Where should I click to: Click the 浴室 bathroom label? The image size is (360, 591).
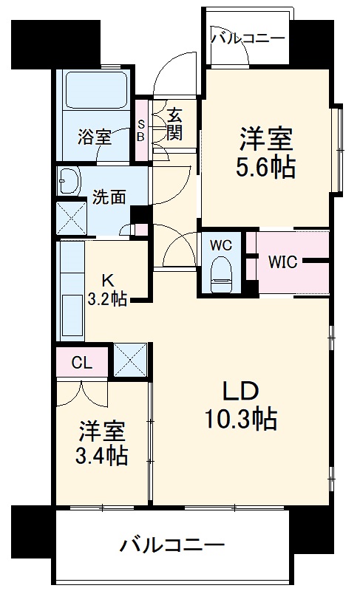[95, 137]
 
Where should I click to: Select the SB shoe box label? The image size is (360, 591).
[140, 131]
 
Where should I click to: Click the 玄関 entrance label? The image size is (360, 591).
[174, 124]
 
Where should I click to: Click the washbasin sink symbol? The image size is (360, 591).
[69, 180]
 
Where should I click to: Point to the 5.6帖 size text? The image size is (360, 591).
[265, 168]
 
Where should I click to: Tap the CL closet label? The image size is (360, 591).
[82, 362]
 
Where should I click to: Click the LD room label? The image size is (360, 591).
[241, 392]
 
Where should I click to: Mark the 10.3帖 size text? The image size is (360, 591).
[242, 419]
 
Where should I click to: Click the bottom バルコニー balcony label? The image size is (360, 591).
[171, 547]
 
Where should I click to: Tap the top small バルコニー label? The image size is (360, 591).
[248, 38]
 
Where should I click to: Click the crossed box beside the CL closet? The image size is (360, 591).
[129, 361]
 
